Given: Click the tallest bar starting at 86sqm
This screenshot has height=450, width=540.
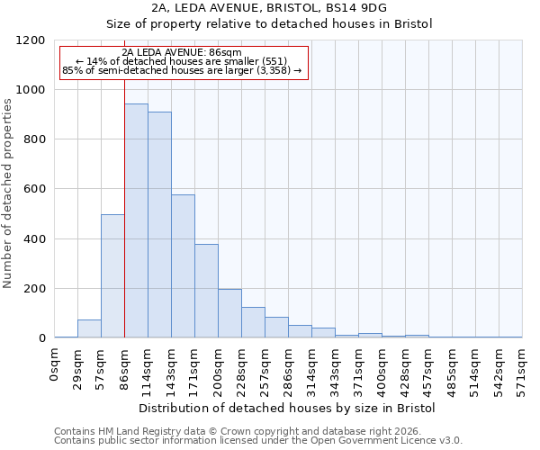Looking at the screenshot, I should (136, 220).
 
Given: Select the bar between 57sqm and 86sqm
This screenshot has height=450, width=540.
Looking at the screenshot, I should (112, 276).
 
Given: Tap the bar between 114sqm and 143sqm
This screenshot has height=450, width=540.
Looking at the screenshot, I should (159, 225).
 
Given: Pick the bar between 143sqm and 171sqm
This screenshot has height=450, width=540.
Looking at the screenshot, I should (183, 266).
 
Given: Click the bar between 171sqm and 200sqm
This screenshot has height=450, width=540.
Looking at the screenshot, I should (206, 291).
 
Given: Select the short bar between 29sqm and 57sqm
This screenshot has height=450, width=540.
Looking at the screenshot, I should (89, 328).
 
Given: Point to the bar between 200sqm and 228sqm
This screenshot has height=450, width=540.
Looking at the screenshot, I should (229, 313).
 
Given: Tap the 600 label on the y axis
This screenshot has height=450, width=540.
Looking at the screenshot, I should (34, 190).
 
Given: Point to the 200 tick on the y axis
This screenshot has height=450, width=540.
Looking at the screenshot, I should (34, 289).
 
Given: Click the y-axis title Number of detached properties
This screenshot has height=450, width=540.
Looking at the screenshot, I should (8, 194).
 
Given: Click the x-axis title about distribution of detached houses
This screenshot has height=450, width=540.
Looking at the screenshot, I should (288, 408).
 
